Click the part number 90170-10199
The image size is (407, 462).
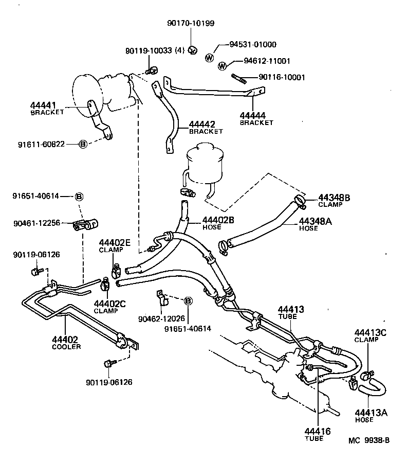191,23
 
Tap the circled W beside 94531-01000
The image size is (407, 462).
210,58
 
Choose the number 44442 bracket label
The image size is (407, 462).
201,125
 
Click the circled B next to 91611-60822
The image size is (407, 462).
83,144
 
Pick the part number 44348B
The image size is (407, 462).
334,198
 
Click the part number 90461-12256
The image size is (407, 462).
36,223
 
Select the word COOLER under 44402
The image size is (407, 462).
66,347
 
